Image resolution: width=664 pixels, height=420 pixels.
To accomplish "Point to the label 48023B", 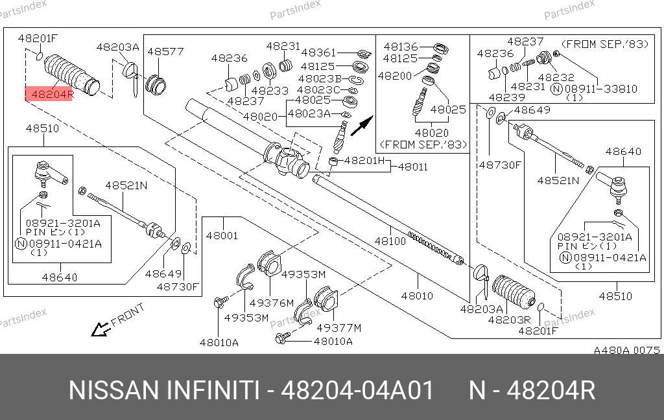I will pyautogui.click(x=319, y=78).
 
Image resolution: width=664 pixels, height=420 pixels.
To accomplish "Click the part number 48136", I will pyautogui.click(x=401, y=47).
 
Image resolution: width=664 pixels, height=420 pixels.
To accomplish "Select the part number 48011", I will pyautogui.click(x=413, y=167).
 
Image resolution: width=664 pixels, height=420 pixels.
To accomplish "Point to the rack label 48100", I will pyautogui.click(x=390, y=241).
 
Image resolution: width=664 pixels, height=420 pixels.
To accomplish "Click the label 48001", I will pyautogui.click(x=222, y=235).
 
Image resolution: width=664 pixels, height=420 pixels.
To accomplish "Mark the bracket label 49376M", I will pyautogui.click(x=272, y=303).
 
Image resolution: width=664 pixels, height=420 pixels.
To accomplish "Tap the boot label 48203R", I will pyautogui.click(x=509, y=320).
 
